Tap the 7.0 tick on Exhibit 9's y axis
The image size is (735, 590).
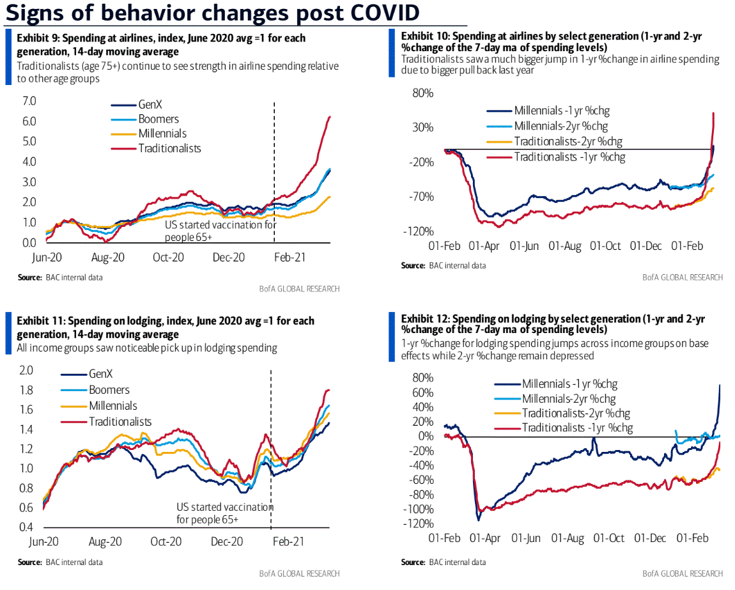(29, 101)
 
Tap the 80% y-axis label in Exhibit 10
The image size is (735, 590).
(422, 93)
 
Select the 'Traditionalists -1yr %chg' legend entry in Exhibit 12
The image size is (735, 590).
(577, 428)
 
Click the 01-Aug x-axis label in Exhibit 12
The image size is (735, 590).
(569, 538)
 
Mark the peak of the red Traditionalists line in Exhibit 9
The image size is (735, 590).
(329, 116)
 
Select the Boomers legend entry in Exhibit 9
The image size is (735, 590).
(159, 119)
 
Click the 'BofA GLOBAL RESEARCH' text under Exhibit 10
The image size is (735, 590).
(683, 277)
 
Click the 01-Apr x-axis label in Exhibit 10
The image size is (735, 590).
(484, 245)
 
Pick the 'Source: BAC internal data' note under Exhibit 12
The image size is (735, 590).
(443, 563)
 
